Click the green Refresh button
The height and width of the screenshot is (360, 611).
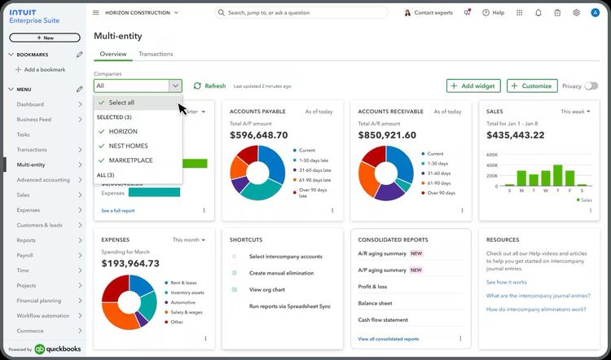(x=209, y=86)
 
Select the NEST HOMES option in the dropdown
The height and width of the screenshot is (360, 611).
(x=128, y=146)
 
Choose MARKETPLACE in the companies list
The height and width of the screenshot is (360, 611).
(x=130, y=160)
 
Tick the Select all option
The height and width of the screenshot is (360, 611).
(x=121, y=103)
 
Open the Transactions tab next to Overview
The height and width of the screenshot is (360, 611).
(x=156, y=54)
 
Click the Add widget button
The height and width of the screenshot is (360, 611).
(x=473, y=86)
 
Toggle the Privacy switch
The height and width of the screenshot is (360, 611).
(x=591, y=86)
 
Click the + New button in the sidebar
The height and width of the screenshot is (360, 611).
(x=44, y=37)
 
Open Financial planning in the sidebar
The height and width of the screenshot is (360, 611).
(x=39, y=301)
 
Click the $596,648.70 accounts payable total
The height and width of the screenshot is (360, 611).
(x=259, y=135)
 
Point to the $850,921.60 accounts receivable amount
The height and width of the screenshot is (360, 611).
(x=387, y=135)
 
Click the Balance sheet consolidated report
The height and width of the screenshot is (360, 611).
(x=376, y=303)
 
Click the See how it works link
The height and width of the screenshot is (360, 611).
(x=507, y=282)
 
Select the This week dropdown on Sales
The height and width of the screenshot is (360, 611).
(x=575, y=111)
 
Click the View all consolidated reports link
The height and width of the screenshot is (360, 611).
(x=388, y=339)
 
